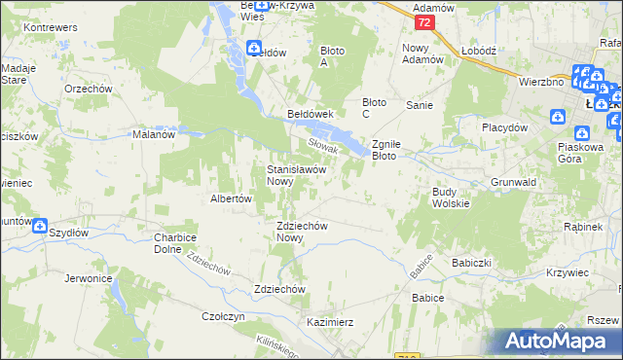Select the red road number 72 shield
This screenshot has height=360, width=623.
tap(421, 21)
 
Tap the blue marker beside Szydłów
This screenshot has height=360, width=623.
tap(40, 226)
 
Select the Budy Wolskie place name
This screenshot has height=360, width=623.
tap(451, 198)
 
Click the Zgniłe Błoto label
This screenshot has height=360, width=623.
tap(396, 149)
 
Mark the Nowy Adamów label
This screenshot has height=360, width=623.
tap(422, 53)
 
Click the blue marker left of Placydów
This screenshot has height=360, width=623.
tap(558, 118)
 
